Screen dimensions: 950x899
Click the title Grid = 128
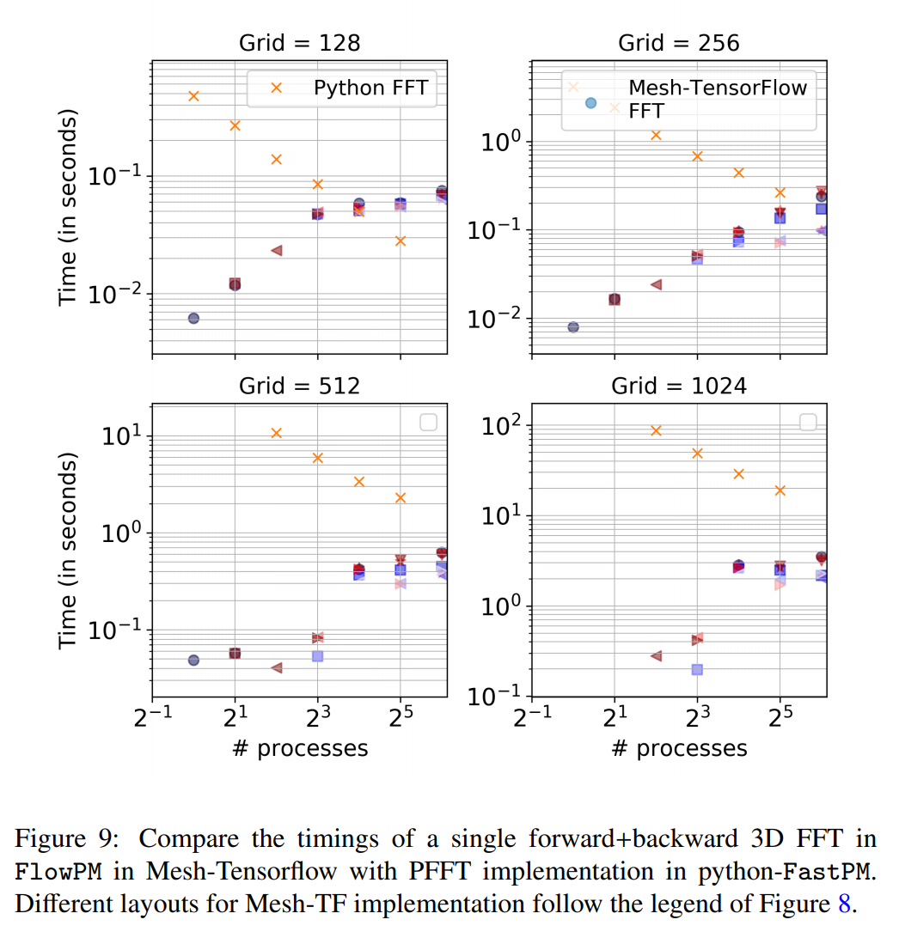299,44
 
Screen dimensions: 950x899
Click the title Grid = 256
678,44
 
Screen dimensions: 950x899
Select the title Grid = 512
299,387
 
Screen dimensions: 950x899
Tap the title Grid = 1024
678,387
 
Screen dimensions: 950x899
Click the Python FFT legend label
370,88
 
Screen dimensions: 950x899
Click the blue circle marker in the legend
590,102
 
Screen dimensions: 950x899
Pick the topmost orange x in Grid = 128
194,96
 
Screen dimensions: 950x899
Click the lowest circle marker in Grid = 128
193,318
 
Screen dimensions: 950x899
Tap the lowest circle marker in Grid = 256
573,327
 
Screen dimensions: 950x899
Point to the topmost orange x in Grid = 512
277,433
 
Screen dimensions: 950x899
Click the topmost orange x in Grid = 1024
656,430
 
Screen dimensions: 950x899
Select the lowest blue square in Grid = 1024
697,669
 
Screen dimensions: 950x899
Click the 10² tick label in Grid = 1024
502,427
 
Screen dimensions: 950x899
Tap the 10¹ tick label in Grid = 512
122,436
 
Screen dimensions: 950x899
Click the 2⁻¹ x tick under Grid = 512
150,718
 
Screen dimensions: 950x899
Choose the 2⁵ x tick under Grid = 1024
779,718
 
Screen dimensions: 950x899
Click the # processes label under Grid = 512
299,748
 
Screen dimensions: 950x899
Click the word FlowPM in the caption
59,872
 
